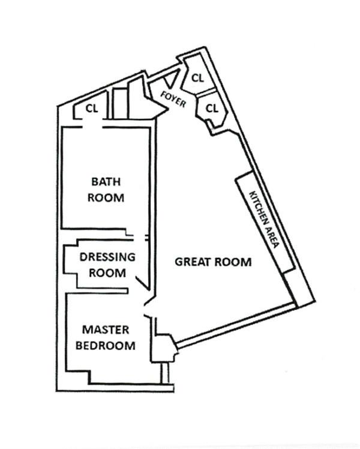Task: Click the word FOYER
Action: coord(173,99)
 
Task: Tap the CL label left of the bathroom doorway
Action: coord(92,109)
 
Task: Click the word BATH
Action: coord(106,181)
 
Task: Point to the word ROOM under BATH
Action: coord(106,197)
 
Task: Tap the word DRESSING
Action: coord(107,257)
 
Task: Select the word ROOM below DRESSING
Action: coord(107,273)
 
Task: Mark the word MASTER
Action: coord(106,330)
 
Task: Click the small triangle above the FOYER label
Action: coord(172,79)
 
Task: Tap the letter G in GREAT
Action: coord(179,262)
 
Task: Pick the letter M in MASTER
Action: coord(88,330)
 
